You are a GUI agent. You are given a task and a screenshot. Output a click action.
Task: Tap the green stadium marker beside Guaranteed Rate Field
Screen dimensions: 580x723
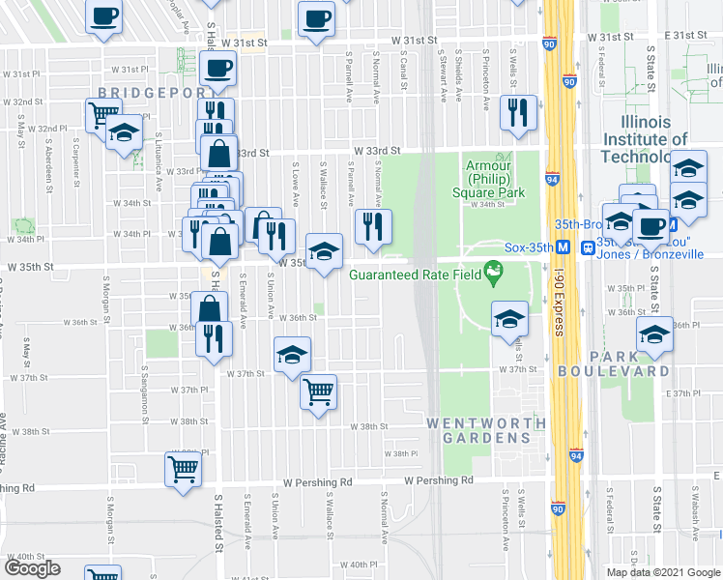click(494, 274)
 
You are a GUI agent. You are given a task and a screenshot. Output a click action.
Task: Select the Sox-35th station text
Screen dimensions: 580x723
click(532, 246)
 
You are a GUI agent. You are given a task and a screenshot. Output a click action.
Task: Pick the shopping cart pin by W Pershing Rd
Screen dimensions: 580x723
click(182, 469)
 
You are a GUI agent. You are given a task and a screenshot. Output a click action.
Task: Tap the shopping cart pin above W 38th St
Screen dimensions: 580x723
click(318, 392)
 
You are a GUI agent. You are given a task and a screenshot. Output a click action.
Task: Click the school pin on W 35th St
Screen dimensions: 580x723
click(325, 251)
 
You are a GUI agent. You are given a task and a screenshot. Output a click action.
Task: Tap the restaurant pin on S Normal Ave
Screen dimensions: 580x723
click(370, 226)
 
